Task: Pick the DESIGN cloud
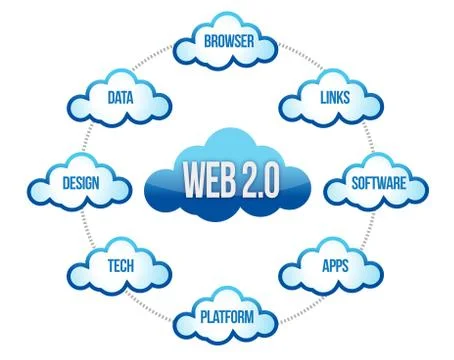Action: click(x=80, y=186)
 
